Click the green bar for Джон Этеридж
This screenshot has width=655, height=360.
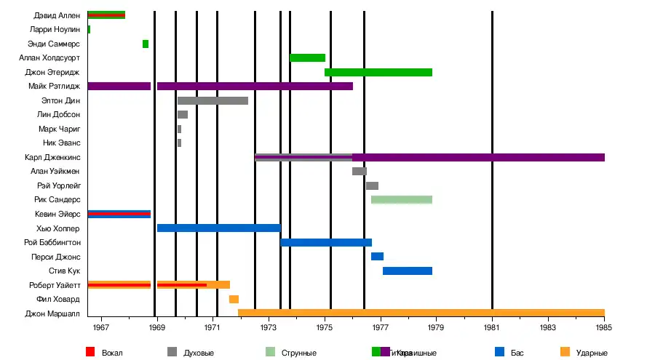378,72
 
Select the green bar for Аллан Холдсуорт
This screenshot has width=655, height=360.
307,58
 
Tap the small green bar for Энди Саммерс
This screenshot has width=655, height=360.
146,44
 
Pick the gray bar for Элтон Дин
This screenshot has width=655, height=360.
213,100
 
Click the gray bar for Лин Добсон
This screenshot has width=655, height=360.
183,115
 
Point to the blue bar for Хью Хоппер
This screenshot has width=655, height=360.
218,228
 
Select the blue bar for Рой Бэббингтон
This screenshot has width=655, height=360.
326,243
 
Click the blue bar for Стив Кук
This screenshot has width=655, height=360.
408,271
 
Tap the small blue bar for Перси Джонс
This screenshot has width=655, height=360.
377,257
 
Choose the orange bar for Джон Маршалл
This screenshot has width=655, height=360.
421,313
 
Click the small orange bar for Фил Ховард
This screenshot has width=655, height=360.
234,300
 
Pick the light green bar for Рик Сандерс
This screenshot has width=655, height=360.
402,200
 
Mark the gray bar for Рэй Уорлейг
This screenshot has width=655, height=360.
372,185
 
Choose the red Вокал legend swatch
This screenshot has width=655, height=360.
90,353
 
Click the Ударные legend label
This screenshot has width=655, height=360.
591,353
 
